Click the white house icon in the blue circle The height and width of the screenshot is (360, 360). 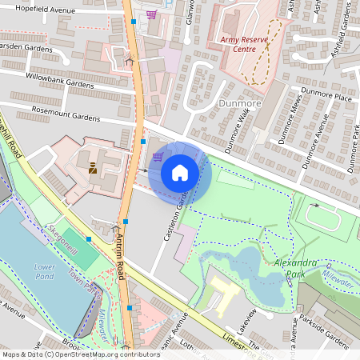[x=180, y=172]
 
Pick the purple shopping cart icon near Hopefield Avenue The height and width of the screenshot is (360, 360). [x=151, y=14]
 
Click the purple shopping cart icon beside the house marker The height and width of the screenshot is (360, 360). [x=158, y=156]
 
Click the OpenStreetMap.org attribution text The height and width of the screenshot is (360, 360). [x=83, y=354]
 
